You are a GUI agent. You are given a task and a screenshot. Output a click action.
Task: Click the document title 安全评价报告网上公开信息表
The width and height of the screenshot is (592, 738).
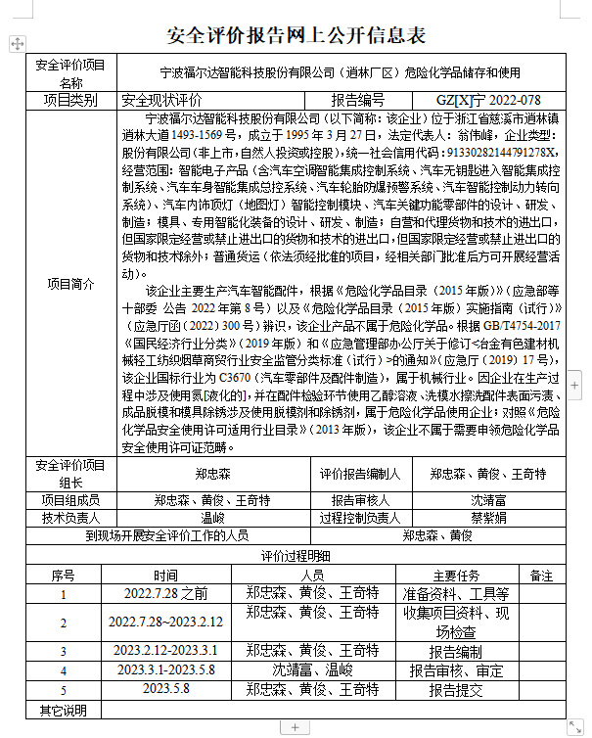[x=296, y=35]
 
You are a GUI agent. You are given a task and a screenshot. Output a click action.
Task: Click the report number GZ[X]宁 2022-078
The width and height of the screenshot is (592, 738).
[x=487, y=100]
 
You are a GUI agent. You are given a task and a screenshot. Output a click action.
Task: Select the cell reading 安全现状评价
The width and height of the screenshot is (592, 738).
[x=161, y=100]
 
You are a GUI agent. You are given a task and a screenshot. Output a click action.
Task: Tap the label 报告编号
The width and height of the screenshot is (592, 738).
[x=358, y=100]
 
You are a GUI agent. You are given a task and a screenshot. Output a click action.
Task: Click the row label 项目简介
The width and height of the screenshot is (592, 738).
[x=71, y=284]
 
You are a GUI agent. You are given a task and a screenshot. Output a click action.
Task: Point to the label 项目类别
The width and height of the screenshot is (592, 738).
[x=71, y=100]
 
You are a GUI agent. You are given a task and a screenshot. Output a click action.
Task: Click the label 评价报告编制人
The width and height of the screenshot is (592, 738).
[x=359, y=474]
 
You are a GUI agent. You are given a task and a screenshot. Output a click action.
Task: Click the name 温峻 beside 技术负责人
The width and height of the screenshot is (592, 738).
[x=212, y=518]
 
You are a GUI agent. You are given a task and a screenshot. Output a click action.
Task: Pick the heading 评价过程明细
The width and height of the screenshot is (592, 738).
[x=296, y=555]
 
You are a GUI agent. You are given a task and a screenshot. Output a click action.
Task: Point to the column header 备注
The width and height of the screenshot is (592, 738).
[x=541, y=575]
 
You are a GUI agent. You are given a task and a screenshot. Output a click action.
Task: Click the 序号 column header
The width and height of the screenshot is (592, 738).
[x=63, y=575]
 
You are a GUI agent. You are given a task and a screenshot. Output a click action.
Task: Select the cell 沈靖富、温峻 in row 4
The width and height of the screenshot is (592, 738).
[x=312, y=670]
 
